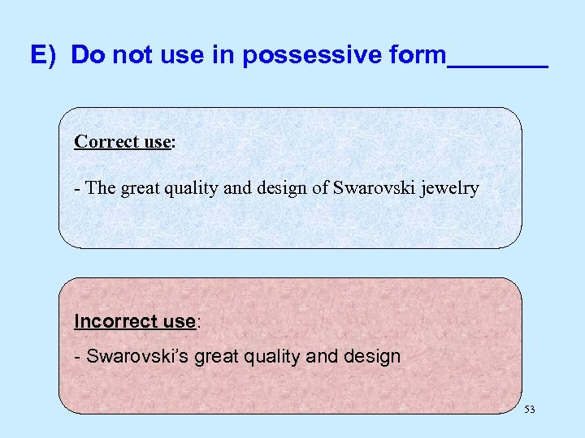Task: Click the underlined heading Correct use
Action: click(x=122, y=142)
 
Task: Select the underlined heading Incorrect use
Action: click(x=135, y=321)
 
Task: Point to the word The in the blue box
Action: click(x=100, y=189)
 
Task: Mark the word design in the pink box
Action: click(x=374, y=356)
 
